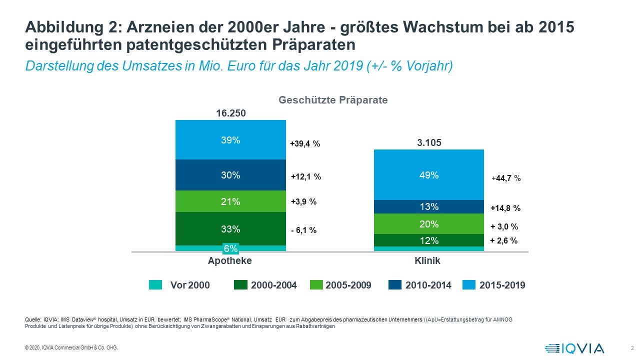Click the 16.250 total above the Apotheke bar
[230, 113]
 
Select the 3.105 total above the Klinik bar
[429, 143]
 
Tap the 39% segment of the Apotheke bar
[230, 140]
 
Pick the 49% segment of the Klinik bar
[429, 175]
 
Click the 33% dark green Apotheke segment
[230, 229]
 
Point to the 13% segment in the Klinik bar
[429, 207]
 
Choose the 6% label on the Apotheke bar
[230, 248]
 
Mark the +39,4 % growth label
[305, 144]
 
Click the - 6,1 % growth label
[303, 230]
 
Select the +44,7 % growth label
[506, 177]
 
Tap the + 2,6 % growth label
[503, 240]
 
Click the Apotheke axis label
[230, 261]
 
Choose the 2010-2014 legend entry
[419, 285]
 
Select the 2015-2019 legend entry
[495, 285]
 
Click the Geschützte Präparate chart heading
[333, 100]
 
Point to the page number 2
[632, 348]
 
